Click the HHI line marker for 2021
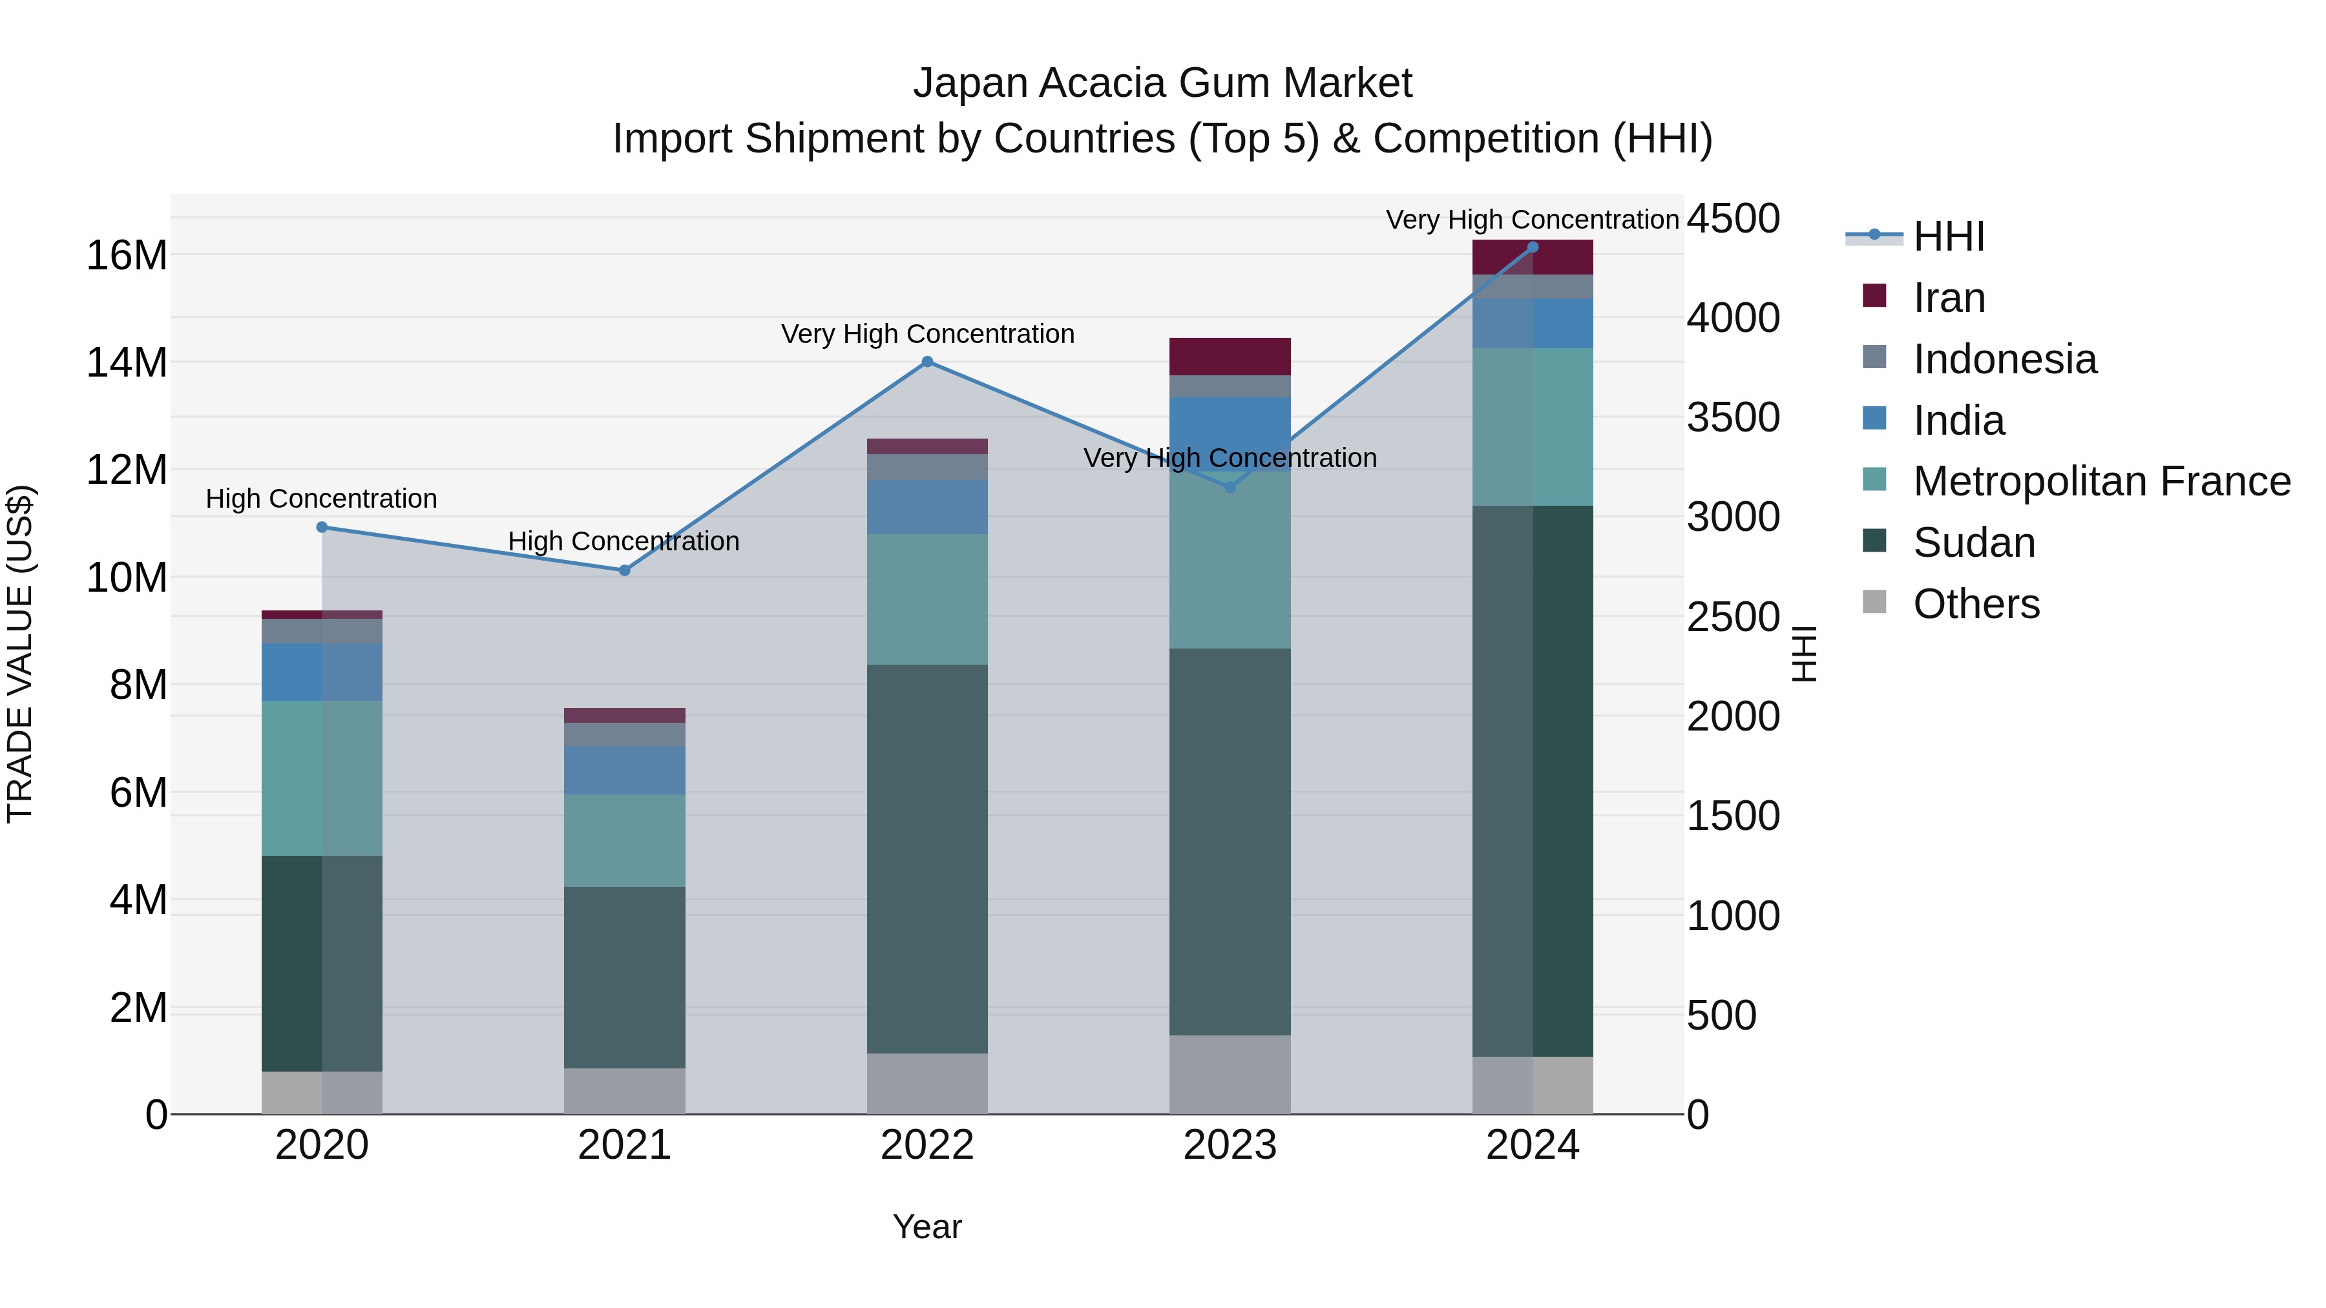click(624, 570)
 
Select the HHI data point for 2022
click(927, 362)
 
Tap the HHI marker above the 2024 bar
click(1533, 247)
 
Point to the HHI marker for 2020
click(322, 527)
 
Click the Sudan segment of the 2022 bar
click(927, 858)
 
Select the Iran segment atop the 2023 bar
click(1230, 357)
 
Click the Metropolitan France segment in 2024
click(1533, 427)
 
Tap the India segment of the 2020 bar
click(322, 672)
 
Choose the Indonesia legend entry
click(2004, 359)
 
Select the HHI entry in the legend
click(1949, 236)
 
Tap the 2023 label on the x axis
click(1230, 1145)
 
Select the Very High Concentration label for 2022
click(927, 334)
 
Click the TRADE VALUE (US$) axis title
click(21, 654)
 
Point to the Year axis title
click(927, 1227)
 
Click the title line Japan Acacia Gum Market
click(1162, 83)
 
